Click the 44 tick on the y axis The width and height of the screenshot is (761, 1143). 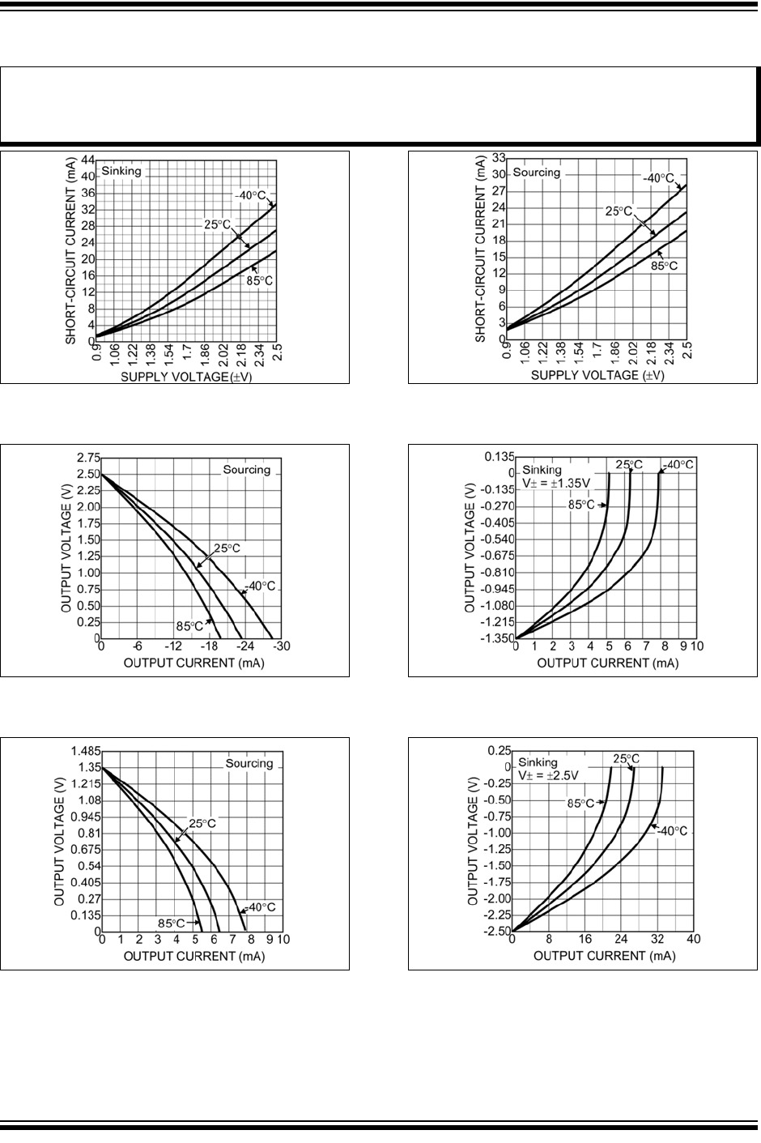pos(85,159)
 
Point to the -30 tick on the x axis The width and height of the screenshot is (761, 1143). pos(282,648)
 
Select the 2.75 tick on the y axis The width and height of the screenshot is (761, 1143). pos(83,457)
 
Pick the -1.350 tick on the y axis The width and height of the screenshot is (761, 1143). pos(494,638)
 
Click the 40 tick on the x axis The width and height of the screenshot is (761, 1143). pos(693,940)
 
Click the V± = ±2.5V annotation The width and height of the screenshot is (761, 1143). pos(549,775)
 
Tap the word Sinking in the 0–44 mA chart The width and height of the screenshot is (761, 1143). pos(121,171)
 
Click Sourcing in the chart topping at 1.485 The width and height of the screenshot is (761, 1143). pos(249,763)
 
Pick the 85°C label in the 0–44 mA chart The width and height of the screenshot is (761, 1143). pos(259,281)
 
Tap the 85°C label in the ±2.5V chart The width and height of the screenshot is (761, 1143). pos(580,804)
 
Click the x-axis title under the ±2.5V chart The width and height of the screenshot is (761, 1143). pos(604,956)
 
